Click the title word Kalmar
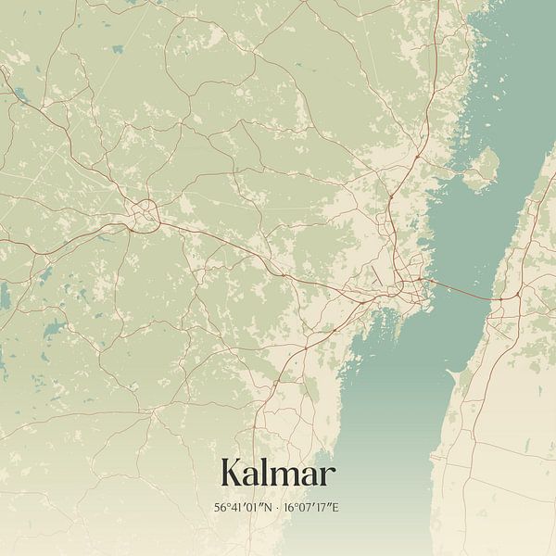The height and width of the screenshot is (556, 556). tap(278, 474)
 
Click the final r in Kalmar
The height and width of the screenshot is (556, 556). tap(329, 477)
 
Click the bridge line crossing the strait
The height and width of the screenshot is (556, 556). tap(459, 290)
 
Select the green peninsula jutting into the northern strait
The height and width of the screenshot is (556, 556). tap(482, 167)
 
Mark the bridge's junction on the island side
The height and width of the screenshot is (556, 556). tap(500, 300)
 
